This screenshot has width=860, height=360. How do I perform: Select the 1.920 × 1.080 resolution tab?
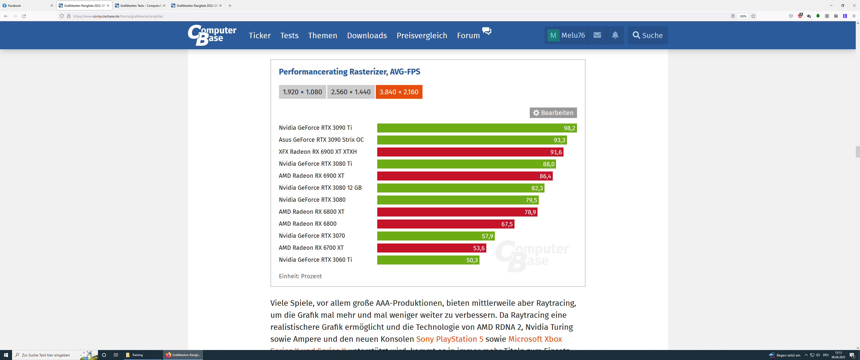[x=302, y=92]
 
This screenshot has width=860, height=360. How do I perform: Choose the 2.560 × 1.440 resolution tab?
[x=350, y=92]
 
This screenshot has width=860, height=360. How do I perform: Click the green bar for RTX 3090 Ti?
[x=467, y=128]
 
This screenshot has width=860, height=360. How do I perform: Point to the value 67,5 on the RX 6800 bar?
[x=506, y=224]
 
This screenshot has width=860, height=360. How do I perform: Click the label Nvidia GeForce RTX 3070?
[x=311, y=236]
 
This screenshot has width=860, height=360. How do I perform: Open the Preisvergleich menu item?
[x=422, y=35]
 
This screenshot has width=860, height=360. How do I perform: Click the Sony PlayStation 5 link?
[x=449, y=339]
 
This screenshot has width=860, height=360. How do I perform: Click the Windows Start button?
[x=6, y=355]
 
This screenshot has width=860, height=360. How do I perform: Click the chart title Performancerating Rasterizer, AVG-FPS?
[x=349, y=72]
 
